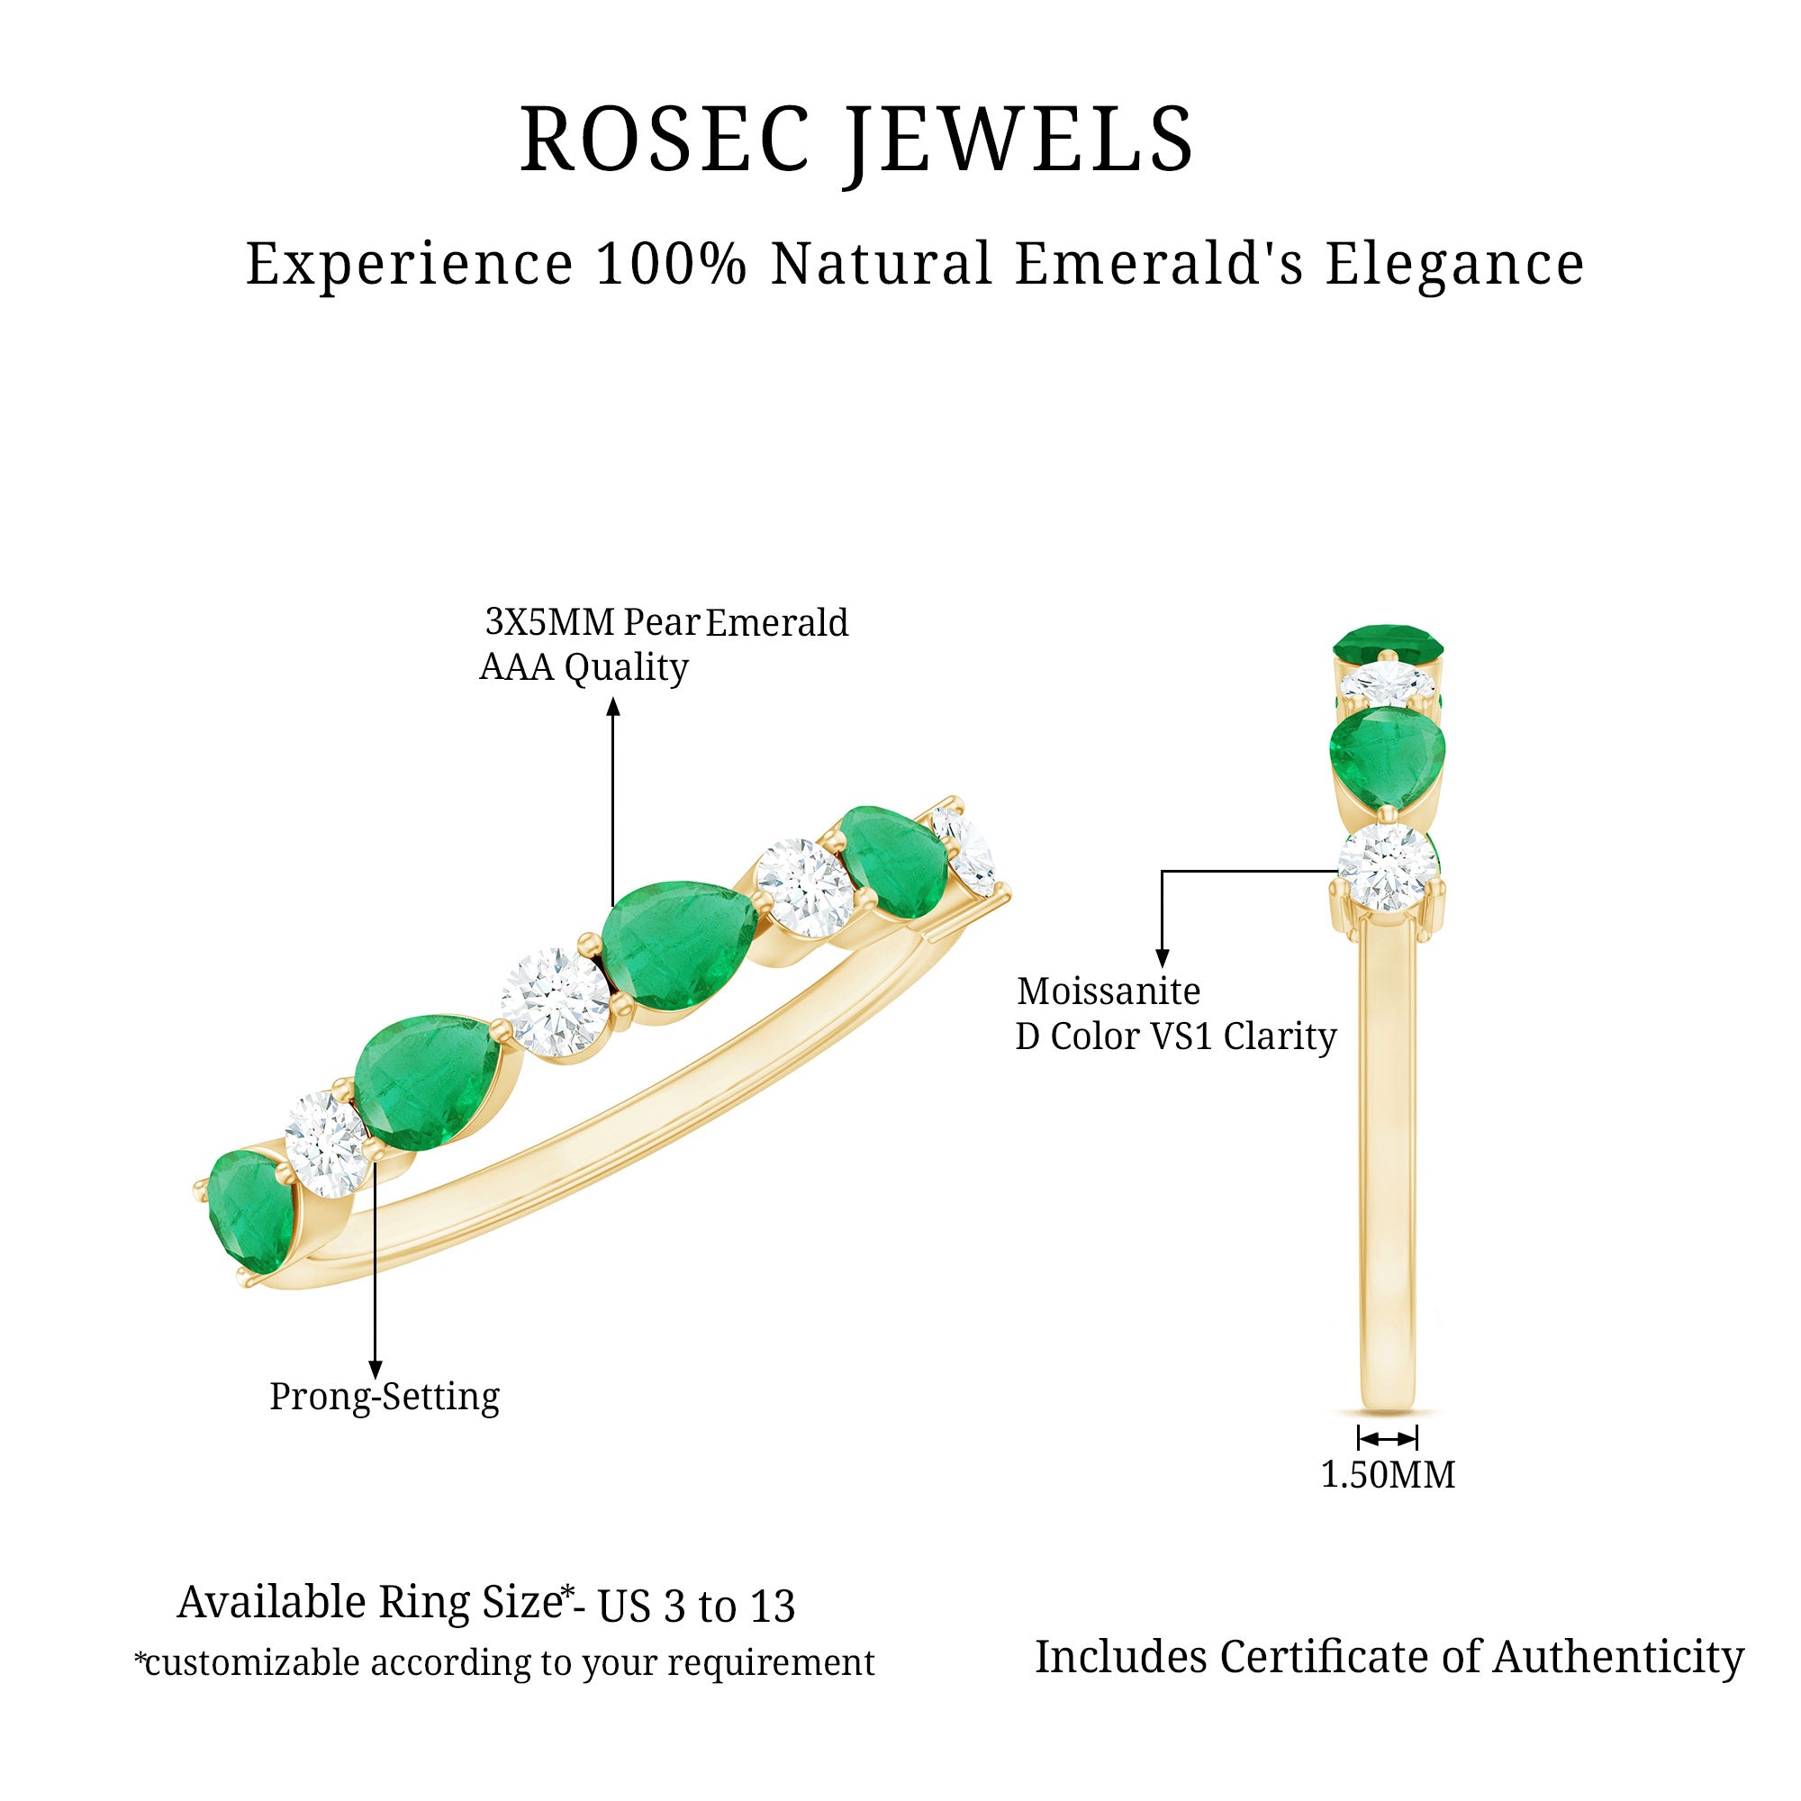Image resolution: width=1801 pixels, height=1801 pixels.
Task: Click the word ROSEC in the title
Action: point(664,140)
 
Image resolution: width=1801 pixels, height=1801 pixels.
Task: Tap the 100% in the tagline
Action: point(671,264)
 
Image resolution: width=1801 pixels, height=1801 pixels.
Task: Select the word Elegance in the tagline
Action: point(1454,264)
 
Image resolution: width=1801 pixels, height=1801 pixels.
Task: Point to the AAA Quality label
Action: point(584,667)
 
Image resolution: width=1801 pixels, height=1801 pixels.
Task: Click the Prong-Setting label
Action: point(385,1397)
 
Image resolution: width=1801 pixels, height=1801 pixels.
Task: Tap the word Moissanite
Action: point(1109,991)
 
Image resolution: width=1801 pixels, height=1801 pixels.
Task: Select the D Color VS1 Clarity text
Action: point(1175,1036)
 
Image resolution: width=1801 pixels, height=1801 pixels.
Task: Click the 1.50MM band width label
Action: point(1387,1475)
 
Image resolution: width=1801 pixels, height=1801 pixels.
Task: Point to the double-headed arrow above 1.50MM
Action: point(1387,1436)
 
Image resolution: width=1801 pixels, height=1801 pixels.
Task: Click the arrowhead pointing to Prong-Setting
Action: point(375,1369)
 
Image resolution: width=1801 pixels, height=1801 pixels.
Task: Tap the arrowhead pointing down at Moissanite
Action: point(1162,957)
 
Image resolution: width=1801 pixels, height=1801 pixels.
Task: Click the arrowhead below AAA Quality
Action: point(612,709)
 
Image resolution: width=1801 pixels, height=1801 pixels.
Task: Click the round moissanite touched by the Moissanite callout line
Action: point(1387,867)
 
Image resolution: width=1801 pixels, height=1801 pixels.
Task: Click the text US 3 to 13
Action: point(696,1606)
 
